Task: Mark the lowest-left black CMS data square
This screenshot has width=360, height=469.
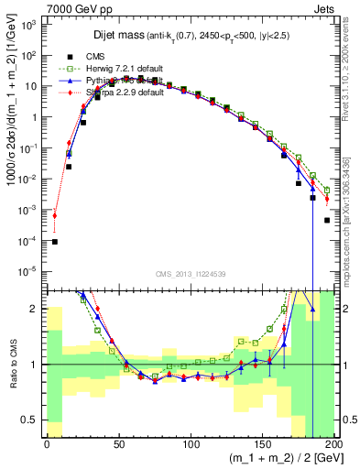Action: [54, 242]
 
